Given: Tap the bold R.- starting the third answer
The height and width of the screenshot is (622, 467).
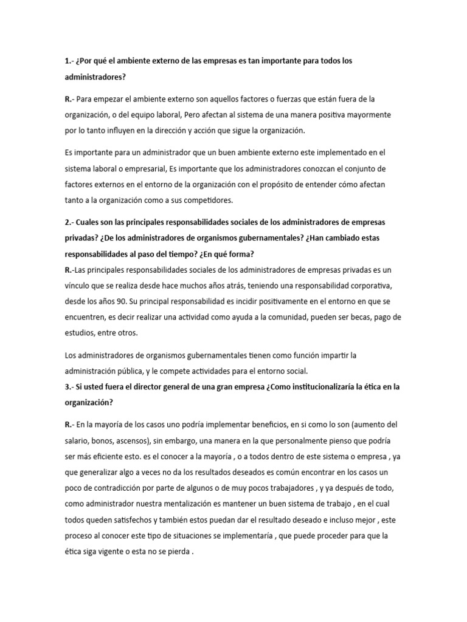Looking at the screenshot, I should (x=70, y=423).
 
